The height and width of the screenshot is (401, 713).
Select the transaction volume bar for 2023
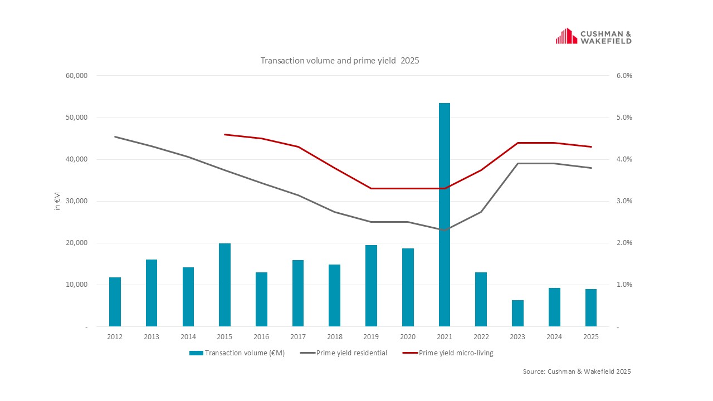(517, 313)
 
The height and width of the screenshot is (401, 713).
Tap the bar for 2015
(224, 285)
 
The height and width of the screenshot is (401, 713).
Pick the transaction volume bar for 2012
(115, 301)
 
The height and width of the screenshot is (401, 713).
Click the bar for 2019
(371, 285)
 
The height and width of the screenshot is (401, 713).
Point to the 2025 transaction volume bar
(591, 307)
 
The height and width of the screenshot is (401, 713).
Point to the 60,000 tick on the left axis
(77, 76)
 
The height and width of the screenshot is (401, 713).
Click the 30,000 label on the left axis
(77, 201)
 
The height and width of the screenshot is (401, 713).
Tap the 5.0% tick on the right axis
(624, 118)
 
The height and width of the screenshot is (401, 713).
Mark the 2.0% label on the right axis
(624, 243)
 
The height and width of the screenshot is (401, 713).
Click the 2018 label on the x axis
(335, 337)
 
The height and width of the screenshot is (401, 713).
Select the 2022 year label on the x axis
(481, 337)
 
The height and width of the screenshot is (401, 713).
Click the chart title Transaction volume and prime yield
(339, 60)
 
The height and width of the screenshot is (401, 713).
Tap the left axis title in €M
(57, 200)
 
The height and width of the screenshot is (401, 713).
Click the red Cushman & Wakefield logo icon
(566, 36)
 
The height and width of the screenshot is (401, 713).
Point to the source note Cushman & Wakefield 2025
(577, 371)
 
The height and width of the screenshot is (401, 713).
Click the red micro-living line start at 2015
(224, 134)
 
